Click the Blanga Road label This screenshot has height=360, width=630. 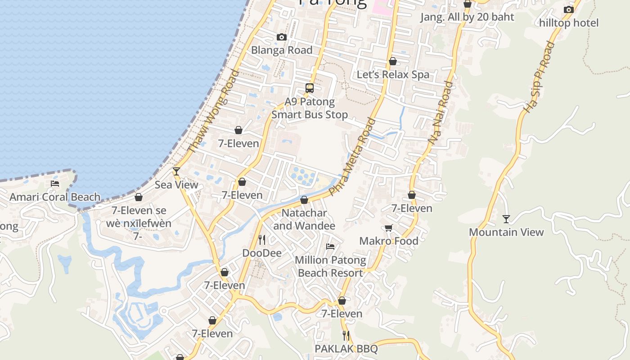(x=282, y=50)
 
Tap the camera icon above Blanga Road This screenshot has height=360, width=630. (x=282, y=37)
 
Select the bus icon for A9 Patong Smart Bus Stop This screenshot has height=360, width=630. (x=310, y=88)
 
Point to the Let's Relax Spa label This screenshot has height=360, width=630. (x=393, y=74)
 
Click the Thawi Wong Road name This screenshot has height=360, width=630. (x=213, y=112)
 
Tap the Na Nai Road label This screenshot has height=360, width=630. (x=441, y=112)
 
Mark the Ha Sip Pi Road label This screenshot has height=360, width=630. (x=539, y=76)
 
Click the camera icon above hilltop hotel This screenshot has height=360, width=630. (x=569, y=9)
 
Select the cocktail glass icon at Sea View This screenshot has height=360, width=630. (x=176, y=171)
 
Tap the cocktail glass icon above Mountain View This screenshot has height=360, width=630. (x=506, y=219)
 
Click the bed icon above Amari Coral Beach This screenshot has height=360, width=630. (x=55, y=183)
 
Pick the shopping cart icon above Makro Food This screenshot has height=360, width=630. (x=389, y=228)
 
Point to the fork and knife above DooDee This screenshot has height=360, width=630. (x=262, y=239)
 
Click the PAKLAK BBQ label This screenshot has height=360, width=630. (x=346, y=349)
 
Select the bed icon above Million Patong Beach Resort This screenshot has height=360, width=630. (x=330, y=247)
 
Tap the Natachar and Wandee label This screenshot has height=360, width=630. (x=304, y=219)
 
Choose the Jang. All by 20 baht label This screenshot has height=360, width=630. (x=467, y=17)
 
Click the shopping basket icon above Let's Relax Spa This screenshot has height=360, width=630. (x=393, y=61)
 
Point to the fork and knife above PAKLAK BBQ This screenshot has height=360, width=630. (x=346, y=335)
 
